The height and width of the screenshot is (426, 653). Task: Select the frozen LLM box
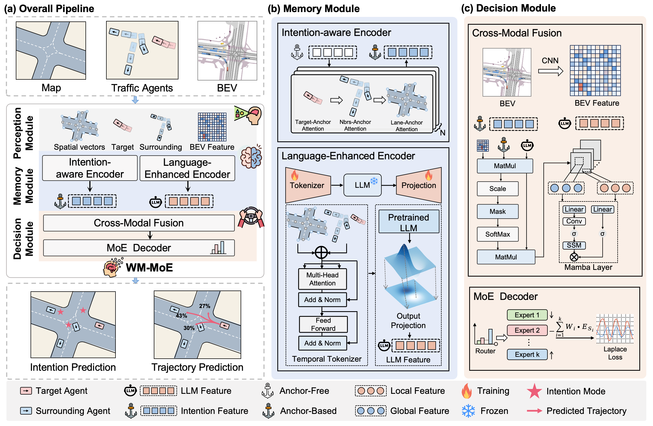point(362,185)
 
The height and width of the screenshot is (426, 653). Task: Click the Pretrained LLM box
point(409,222)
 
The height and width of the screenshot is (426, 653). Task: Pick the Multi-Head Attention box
point(322,279)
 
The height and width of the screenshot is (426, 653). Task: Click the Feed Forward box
point(323,324)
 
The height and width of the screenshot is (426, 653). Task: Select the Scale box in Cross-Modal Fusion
point(497,189)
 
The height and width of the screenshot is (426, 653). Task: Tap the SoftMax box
point(497,234)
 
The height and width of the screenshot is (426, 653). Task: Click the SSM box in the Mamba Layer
point(574,245)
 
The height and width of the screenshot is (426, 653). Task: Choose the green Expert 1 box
point(527,315)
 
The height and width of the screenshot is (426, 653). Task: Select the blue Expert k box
point(527,354)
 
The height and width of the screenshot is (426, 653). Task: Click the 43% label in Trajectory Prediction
point(181,315)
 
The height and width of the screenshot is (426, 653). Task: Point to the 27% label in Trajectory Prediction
point(205,306)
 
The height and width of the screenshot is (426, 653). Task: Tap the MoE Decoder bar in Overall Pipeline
point(139,248)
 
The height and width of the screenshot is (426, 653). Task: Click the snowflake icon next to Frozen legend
point(468,411)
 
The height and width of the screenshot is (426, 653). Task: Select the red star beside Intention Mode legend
point(534,391)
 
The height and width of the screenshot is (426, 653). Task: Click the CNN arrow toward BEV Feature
point(550,71)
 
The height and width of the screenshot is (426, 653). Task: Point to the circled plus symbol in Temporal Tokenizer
point(321,252)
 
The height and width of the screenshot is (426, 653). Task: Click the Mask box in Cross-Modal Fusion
point(497,211)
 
